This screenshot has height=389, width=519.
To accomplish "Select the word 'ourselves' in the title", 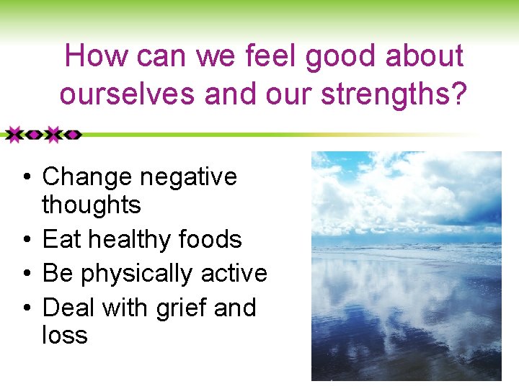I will coord(127,94).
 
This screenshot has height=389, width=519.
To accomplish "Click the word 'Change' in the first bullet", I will coord(87,176).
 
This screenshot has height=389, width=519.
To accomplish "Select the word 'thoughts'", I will coord(92,205).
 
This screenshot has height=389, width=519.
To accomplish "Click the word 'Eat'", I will coord(63,239).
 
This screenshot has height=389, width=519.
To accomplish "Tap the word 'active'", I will coord(234,274).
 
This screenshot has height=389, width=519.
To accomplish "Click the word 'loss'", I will coord(65,335).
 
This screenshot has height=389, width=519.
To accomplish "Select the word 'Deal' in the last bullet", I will coord(69,308).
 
